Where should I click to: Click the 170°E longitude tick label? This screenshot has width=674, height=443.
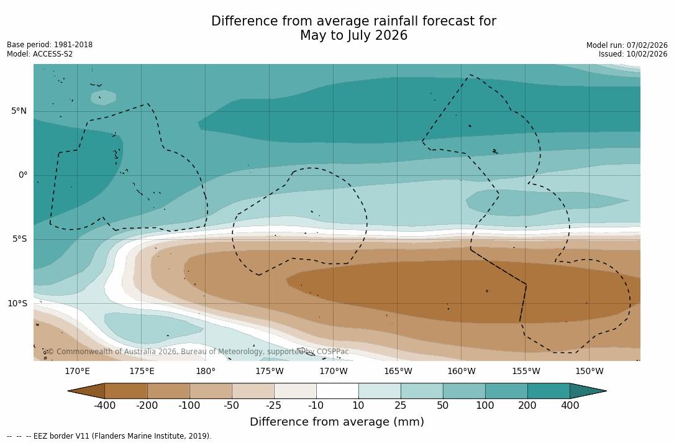coord(77,372)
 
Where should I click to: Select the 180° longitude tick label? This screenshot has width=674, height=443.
coord(206,372)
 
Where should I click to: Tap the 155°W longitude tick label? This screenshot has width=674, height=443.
coord(526,372)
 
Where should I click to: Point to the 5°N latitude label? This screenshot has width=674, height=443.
coord(19,111)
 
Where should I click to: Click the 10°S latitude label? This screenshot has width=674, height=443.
coord(17,304)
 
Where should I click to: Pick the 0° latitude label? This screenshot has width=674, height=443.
coord(23,175)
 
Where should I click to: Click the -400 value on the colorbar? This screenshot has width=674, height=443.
coord(104,406)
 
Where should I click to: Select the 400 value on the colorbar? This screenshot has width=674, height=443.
coord(570,406)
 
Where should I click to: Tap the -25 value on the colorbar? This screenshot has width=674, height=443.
coord(274,406)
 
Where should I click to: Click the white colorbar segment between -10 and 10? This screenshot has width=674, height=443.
coord(337,391)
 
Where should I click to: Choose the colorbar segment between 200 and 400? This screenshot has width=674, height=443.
coord(549,391)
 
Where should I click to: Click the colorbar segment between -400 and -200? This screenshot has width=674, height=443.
coord(126,391)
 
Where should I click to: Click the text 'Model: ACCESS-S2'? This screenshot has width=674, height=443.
coord(40,54)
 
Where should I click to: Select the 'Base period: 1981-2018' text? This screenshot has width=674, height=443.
coord(50,45)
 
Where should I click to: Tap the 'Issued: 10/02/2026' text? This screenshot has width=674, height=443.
coord(633,54)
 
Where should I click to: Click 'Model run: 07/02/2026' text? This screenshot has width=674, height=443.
coord(627,45)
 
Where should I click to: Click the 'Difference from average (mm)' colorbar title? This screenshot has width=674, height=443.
coord(337,422)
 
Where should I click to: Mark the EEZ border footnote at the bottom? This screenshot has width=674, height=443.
coord(109,436)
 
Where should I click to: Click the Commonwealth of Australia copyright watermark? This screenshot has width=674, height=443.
coord(198,352)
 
